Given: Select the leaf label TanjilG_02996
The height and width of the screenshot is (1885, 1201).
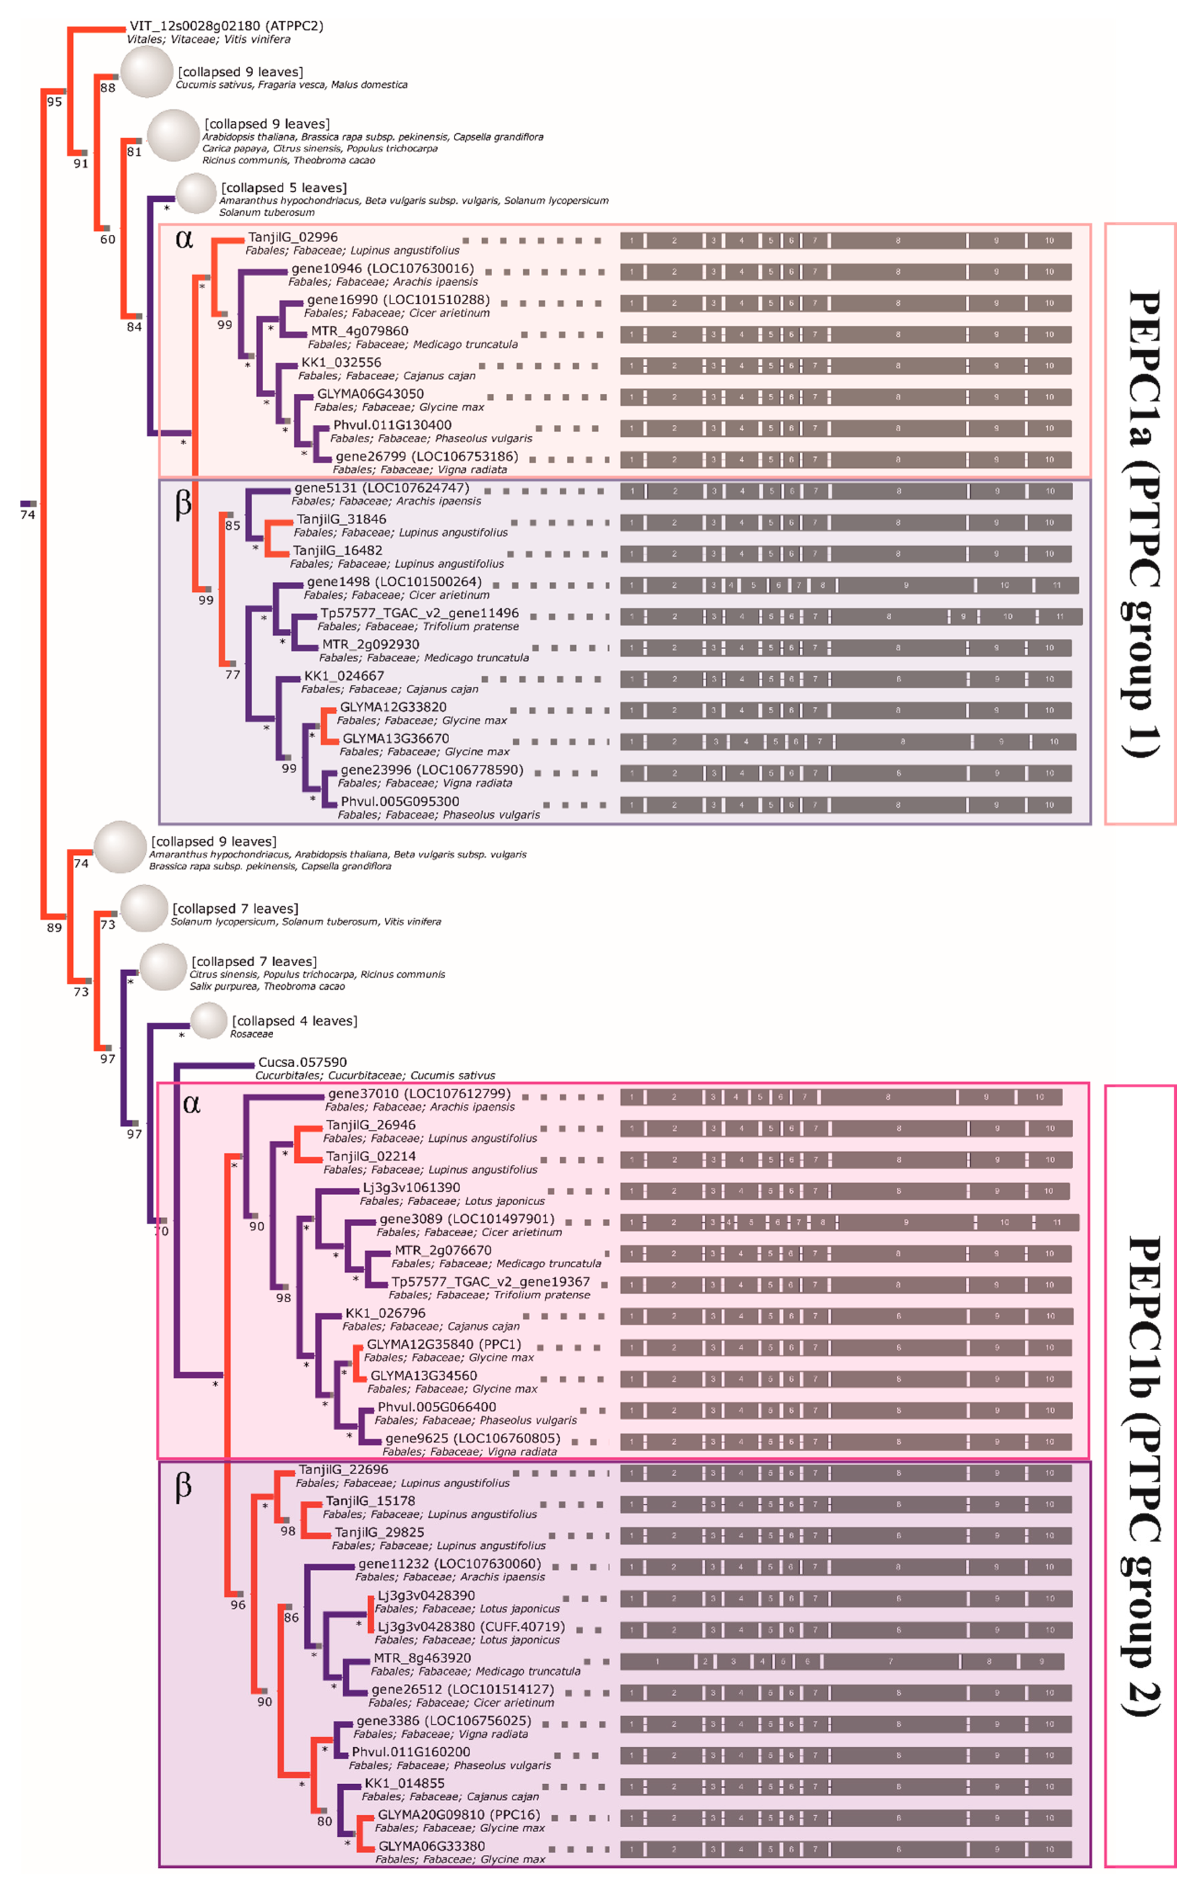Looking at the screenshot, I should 293,237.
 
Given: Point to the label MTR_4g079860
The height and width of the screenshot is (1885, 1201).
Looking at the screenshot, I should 359,331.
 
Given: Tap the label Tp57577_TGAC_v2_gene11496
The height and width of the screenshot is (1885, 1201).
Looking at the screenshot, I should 419,613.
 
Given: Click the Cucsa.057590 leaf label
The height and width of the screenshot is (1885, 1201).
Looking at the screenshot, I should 302,1062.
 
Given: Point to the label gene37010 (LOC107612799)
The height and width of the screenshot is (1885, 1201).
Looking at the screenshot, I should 419,1094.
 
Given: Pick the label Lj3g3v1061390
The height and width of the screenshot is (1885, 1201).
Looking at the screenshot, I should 411,1187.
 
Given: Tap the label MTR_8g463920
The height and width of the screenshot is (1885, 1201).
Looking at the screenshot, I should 422,1658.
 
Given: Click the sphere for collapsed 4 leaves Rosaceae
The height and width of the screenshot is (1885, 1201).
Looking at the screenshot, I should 209,1021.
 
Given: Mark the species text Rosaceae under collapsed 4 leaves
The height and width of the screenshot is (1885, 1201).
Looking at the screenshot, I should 251,1034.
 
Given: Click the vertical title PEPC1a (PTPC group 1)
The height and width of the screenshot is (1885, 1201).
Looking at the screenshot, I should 1141,523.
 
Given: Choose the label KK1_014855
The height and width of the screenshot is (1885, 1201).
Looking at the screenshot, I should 404,1783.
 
